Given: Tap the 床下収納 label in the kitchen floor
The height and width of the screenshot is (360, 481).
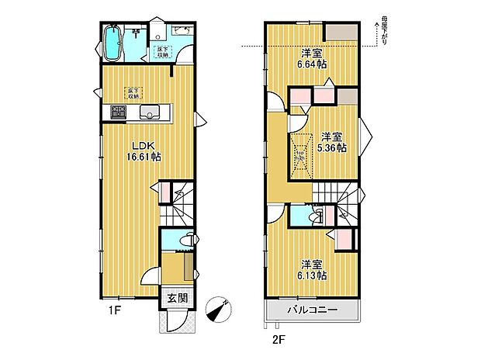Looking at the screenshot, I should tap(133, 94).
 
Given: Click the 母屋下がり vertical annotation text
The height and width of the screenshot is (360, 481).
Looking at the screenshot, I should tap(383, 29).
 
